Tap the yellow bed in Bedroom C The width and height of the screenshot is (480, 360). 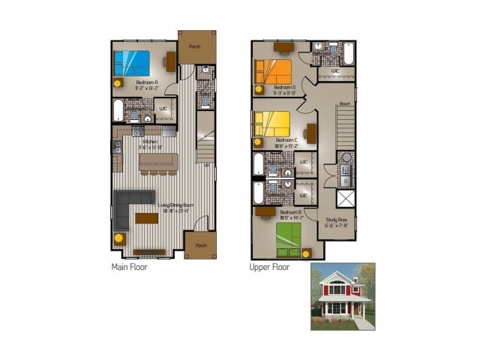pos(271,123)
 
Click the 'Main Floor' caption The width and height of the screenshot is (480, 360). pos(129,266)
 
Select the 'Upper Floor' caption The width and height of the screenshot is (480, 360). pos(270,266)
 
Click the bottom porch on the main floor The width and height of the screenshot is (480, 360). pos(200,244)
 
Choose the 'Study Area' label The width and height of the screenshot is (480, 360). pos(337,220)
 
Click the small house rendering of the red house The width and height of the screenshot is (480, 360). pos(342,296)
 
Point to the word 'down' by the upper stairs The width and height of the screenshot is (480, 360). pos(344,103)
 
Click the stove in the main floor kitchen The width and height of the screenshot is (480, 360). pos(139,131)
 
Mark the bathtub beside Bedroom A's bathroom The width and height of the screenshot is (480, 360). pos(118,110)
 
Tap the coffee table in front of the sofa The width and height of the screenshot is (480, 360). pos(147,218)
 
